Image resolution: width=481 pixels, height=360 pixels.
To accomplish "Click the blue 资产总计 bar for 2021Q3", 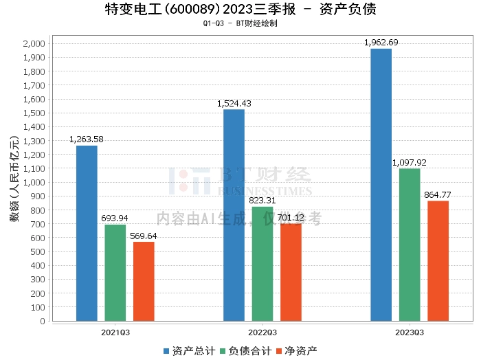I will tap(87, 233).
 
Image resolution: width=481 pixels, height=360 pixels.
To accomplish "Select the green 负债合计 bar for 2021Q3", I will tap(115, 273).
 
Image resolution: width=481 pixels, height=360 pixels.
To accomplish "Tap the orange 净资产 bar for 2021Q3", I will tap(144, 281).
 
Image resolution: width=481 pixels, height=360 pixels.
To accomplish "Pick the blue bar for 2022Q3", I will tap(234, 215).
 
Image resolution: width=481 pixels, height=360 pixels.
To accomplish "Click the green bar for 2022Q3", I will tap(262, 264).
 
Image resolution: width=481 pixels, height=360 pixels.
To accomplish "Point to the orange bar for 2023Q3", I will tap(438, 260).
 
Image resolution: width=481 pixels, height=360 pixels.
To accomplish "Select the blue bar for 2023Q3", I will tap(381, 184).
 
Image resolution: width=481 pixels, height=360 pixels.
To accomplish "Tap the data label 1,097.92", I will tap(410, 163).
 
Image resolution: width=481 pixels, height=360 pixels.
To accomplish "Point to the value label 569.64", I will tap(144, 236).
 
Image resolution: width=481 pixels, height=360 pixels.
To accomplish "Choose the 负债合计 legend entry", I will tap(246, 351).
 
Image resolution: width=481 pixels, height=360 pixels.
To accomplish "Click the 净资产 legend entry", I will tap(297, 351).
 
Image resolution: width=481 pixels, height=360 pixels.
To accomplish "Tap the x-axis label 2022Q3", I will tap(262, 332).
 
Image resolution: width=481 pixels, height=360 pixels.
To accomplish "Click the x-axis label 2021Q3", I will tap(115, 332).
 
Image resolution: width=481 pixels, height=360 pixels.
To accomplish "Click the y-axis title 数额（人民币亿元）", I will tap(13, 182).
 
